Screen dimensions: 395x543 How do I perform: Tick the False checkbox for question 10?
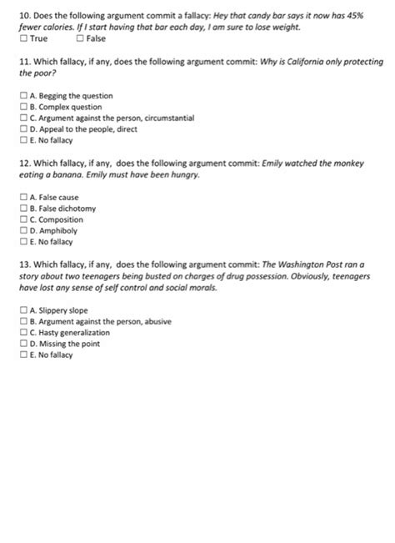pyautogui.click(x=79, y=39)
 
